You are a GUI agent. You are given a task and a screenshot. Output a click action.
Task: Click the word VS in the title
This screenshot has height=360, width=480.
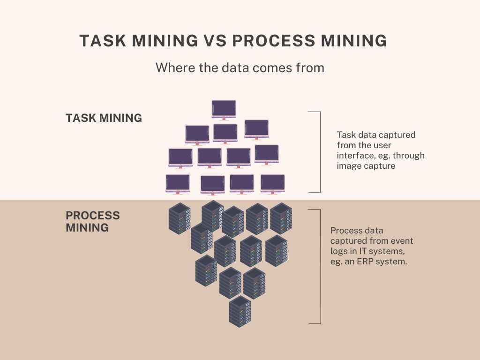[x=215, y=41]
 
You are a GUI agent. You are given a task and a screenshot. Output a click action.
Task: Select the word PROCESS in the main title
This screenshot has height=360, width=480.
[x=273, y=41]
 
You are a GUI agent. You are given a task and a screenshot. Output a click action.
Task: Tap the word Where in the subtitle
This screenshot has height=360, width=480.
[x=172, y=67]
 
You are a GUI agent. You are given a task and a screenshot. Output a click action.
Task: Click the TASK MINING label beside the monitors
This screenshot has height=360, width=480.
[x=104, y=118]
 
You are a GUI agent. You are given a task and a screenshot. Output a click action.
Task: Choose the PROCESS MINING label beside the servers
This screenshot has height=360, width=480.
[x=92, y=222]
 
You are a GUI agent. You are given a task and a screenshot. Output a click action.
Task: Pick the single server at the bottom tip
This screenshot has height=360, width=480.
[x=240, y=311]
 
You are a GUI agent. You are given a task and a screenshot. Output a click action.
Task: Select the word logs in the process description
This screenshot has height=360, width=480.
[x=339, y=251]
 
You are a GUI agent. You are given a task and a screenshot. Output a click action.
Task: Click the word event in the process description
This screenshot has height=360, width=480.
[x=402, y=241]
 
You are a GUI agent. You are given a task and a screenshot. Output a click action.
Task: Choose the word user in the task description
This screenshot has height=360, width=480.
[x=382, y=145]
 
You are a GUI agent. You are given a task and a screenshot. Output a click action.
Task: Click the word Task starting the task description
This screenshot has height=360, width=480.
[x=346, y=135]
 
